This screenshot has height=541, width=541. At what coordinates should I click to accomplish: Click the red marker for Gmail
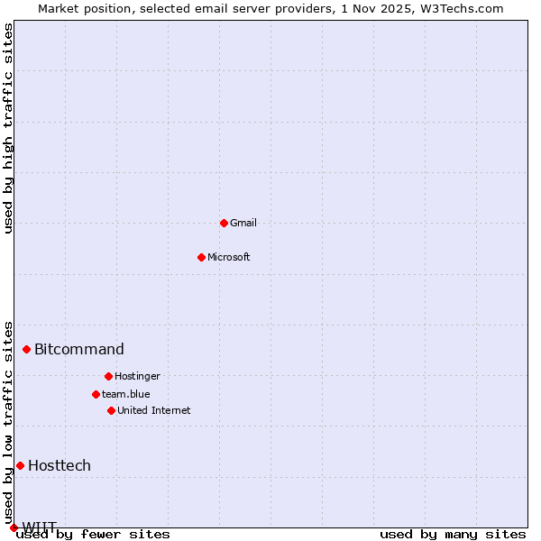point(224,223)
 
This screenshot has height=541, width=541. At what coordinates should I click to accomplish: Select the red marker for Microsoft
point(201,257)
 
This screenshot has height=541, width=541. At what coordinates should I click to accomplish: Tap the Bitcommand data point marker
point(26,349)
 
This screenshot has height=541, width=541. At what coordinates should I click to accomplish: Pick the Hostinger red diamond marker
point(108,376)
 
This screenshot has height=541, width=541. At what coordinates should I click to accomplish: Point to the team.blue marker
point(96,394)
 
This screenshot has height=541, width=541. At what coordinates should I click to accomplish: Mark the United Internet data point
point(111,410)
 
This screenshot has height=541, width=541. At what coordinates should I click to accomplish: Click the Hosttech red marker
point(20,465)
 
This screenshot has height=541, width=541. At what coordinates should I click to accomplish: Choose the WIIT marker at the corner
point(14,527)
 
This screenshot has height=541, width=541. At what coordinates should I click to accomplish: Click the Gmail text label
point(243,223)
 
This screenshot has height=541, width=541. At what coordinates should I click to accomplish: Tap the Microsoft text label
point(229,257)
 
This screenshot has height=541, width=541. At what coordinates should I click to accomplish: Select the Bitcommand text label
point(79,349)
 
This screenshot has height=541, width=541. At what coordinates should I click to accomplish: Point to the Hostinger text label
point(137,376)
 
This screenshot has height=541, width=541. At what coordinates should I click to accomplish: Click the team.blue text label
point(126,394)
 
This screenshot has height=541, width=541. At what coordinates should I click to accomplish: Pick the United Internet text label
point(154,410)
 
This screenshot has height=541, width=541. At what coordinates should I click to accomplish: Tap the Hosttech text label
point(60,465)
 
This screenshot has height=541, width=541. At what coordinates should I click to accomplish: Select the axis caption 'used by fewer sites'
point(94,535)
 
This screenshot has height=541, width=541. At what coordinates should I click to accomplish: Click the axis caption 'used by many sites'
point(453,535)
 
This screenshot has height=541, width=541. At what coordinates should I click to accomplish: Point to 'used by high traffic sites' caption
point(8,128)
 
